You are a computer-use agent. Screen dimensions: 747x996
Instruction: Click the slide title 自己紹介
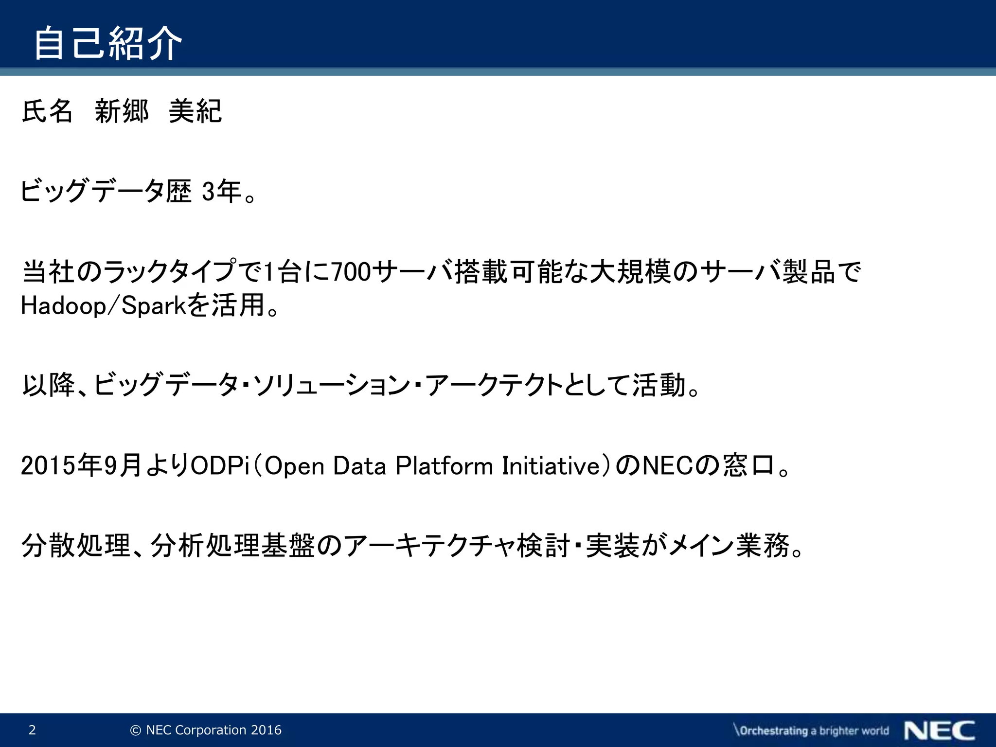tap(108, 44)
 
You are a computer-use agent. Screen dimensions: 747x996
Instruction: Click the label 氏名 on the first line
tap(47, 111)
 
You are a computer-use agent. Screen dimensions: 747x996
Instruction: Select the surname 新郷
tap(122, 111)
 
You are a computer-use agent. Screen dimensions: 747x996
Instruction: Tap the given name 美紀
tap(195, 111)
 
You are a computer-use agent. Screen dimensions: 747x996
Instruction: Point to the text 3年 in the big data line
tap(222, 191)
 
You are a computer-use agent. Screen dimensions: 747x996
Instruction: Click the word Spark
tap(154, 306)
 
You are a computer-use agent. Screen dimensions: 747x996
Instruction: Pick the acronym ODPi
tap(220, 465)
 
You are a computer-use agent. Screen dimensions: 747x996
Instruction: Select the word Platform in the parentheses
tap(444, 465)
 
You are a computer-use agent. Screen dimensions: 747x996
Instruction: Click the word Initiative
tap(551, 465)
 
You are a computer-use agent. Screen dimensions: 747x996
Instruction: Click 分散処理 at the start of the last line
tap(75, 545)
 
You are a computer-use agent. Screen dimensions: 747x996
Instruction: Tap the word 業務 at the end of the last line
tap(763, 545)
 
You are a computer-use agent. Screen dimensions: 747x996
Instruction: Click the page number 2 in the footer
tap(32, 730)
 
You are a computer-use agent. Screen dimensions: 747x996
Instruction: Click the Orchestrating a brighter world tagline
tap(811, 730)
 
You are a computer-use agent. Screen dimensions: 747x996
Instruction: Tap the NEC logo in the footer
tap(939, 730)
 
